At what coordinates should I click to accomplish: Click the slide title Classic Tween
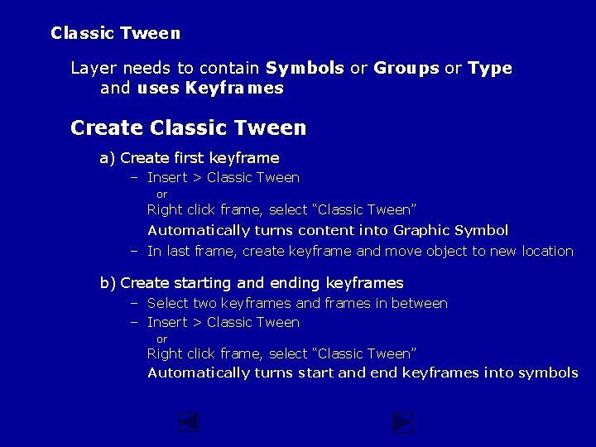[x=115, y=34]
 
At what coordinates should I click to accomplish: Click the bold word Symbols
[x=305, y=69]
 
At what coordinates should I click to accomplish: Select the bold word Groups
[x=406, y=69]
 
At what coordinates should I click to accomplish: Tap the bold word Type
[x=490, y=69]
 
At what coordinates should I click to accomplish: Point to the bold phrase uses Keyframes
[x=210, y=89]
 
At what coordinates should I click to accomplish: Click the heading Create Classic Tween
[x=189, y=128]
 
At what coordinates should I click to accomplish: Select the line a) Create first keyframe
[x=190, y=158]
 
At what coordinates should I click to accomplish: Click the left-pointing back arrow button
[x=189, y=423]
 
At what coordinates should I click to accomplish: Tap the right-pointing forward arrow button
[x=402, y=423]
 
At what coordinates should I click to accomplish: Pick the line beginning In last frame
[x=360, y=251]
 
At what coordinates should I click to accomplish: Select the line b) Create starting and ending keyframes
[x=252, y=283]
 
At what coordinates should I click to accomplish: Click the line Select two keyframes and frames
[x=297, y=303]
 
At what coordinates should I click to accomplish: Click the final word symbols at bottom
[x=548, y=372]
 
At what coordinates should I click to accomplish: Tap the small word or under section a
[x=162, y=195]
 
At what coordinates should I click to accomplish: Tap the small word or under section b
[x=162, y=339]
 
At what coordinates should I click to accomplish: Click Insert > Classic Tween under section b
[x=223, y=322]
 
